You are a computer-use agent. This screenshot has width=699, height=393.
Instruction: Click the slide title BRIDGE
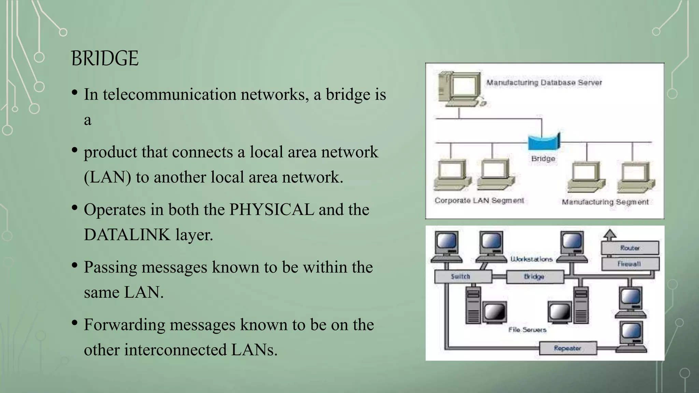(x=105, y=58)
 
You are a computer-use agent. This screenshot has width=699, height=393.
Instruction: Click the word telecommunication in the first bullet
(x=169, y=94)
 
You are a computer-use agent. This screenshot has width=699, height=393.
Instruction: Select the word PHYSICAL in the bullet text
(x=271, y=209)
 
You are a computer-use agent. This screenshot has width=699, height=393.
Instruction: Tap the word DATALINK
(x=127, y=235)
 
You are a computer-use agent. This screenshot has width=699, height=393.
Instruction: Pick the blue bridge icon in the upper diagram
(x=543, y=142)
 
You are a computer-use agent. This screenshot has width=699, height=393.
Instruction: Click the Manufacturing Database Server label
(x=544, y=83)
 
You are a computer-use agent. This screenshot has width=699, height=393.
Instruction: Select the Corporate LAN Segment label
(x=479, y=201)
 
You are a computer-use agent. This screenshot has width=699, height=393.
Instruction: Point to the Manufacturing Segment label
(x=605, y=202)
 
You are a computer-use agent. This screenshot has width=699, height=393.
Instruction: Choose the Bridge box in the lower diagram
(x=534, y=277)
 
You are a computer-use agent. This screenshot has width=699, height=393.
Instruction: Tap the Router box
(x=630, y=248)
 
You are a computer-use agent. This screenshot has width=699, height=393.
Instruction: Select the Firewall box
(x=630, y=264)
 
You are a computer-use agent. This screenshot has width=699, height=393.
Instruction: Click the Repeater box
(x=568, y=348)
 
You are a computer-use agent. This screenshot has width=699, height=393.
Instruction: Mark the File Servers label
(x=527, y=330)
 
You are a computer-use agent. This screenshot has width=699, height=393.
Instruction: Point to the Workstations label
(x=531, y=259)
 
